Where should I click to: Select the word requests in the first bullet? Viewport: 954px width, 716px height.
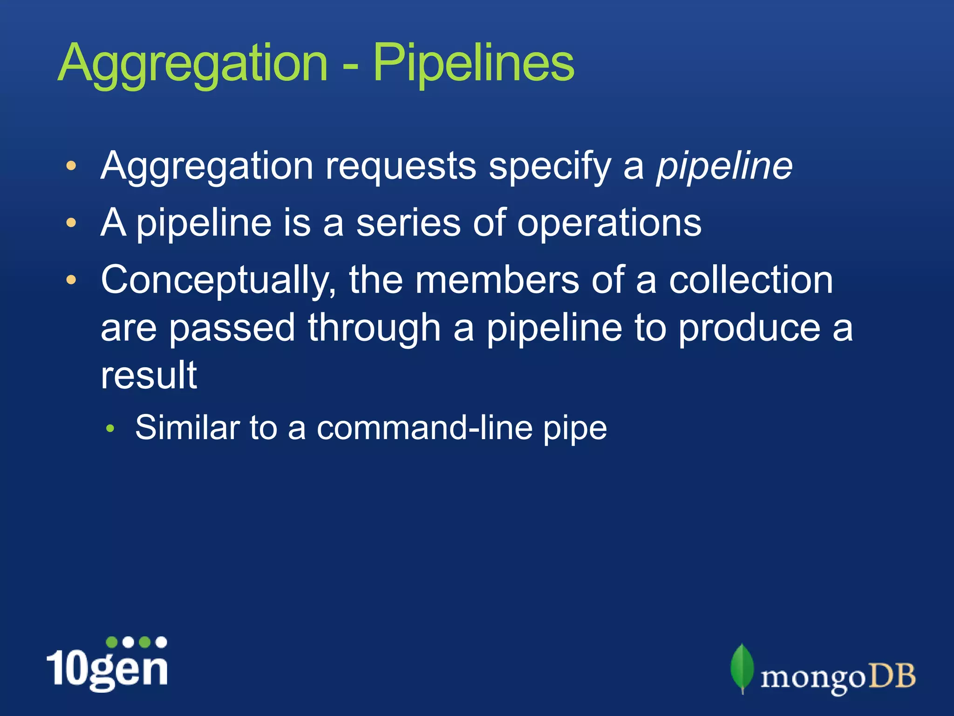click(x=401, y=166)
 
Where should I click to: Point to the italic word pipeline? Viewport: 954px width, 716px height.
click(x=724, y=166)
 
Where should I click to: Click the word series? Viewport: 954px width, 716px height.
click(x=409, y=223)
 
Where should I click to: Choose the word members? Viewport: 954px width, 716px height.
click(x=497, y=280)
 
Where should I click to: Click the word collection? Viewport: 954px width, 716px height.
click(x=751, y=280)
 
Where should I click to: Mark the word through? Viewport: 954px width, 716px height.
click(x=374, y=329)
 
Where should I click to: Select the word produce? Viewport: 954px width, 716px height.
click(x=749, y=329)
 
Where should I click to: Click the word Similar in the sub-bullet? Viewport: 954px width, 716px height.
click(x=187, y=427)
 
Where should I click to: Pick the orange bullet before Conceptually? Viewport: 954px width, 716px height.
click(x=71, y=280)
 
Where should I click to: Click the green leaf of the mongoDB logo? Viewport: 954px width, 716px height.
click(x=742, y=667)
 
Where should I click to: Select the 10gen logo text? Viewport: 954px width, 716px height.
click(x=108, y=669)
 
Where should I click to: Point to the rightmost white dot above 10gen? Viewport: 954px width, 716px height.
click(x=161, y=642)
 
